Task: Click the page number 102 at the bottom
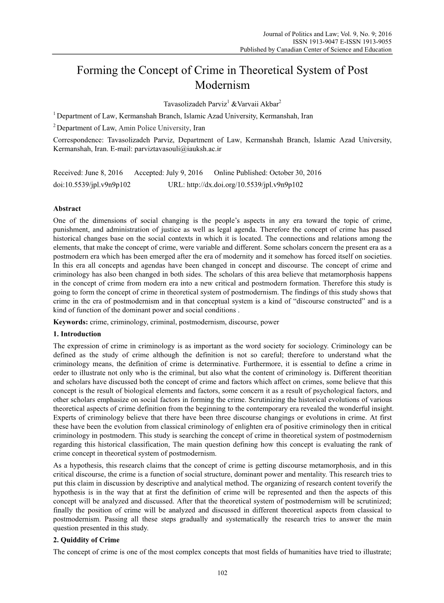[222, 573]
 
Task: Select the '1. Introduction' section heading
[77, 334]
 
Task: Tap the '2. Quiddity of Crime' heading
[86, 540]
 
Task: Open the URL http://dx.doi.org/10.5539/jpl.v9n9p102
[245, 184]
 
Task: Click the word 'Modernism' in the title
[222, 85]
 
